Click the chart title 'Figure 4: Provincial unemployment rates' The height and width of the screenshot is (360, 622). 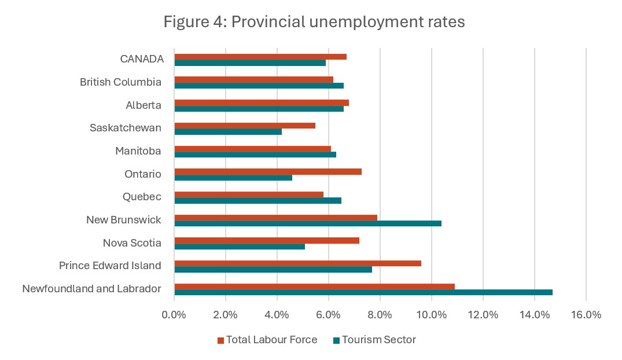[314, 23]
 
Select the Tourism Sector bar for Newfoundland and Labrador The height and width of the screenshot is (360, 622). [363, 292]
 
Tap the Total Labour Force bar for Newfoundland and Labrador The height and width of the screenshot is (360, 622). [314, 286]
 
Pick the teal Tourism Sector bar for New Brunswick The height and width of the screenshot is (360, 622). [308, 223]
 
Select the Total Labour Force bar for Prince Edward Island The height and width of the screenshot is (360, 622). [297, 263]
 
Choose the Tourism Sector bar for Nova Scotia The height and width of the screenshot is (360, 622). [240, 246]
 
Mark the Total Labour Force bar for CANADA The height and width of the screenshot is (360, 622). [260, 57]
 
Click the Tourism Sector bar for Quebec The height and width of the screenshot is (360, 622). [258, 200]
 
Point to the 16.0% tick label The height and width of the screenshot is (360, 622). [586, 315]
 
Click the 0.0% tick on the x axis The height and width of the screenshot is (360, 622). [174, 315]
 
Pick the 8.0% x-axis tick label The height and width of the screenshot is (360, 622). [380, 315]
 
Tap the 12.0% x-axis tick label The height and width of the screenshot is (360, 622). [483, 315]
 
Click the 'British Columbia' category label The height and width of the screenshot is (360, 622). [120, 82]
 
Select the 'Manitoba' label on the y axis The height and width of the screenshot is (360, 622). [138, 151]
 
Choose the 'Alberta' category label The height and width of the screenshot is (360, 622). [143, 105]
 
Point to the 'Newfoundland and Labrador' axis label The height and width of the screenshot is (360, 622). [91, 288]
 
